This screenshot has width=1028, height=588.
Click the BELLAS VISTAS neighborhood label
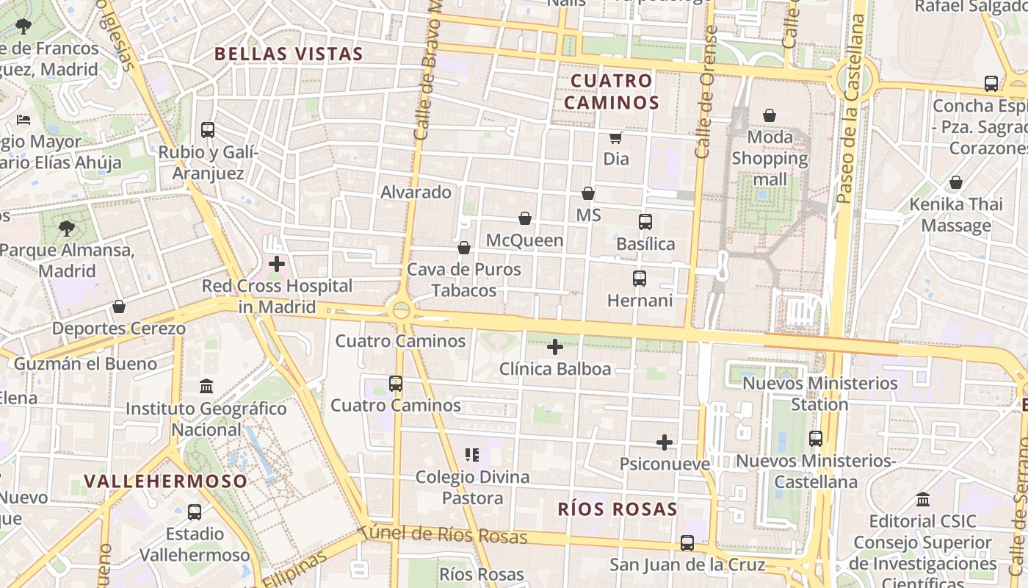click(289, 54)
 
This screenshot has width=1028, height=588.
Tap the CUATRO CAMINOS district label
click(612, 91)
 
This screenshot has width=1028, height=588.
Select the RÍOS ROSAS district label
click(618, 509)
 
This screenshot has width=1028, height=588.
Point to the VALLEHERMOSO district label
click(166, 481)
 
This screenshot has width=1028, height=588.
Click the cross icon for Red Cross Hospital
click(277, 264)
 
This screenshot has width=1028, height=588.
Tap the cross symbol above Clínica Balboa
click(555, 347)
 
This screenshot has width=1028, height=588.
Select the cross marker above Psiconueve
click(665, 442)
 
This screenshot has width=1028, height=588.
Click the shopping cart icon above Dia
click(616, 137)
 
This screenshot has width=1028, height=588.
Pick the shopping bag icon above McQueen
click(525, 218)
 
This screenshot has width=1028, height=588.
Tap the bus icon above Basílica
click(645, 222)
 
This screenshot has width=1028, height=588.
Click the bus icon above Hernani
click(640, 279)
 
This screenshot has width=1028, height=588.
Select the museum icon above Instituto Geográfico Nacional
click(206, 386)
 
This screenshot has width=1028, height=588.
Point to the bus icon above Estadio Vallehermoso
click(195, 512)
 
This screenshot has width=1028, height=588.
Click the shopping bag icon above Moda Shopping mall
click(770, 115)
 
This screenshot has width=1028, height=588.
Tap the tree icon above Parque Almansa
click(67, 228)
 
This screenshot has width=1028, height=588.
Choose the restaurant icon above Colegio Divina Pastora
click(472, 455)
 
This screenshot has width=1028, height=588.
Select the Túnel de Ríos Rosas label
click(444, 534)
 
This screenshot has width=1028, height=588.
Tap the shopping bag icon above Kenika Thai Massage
click(956, 182)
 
